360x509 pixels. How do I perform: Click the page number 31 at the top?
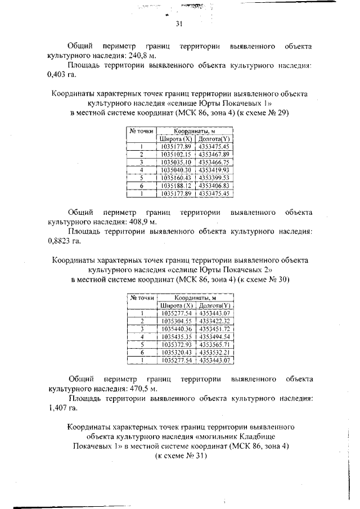179,24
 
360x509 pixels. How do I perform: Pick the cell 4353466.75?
214,161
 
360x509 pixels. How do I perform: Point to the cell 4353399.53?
214,177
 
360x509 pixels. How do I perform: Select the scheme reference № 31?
186,456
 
